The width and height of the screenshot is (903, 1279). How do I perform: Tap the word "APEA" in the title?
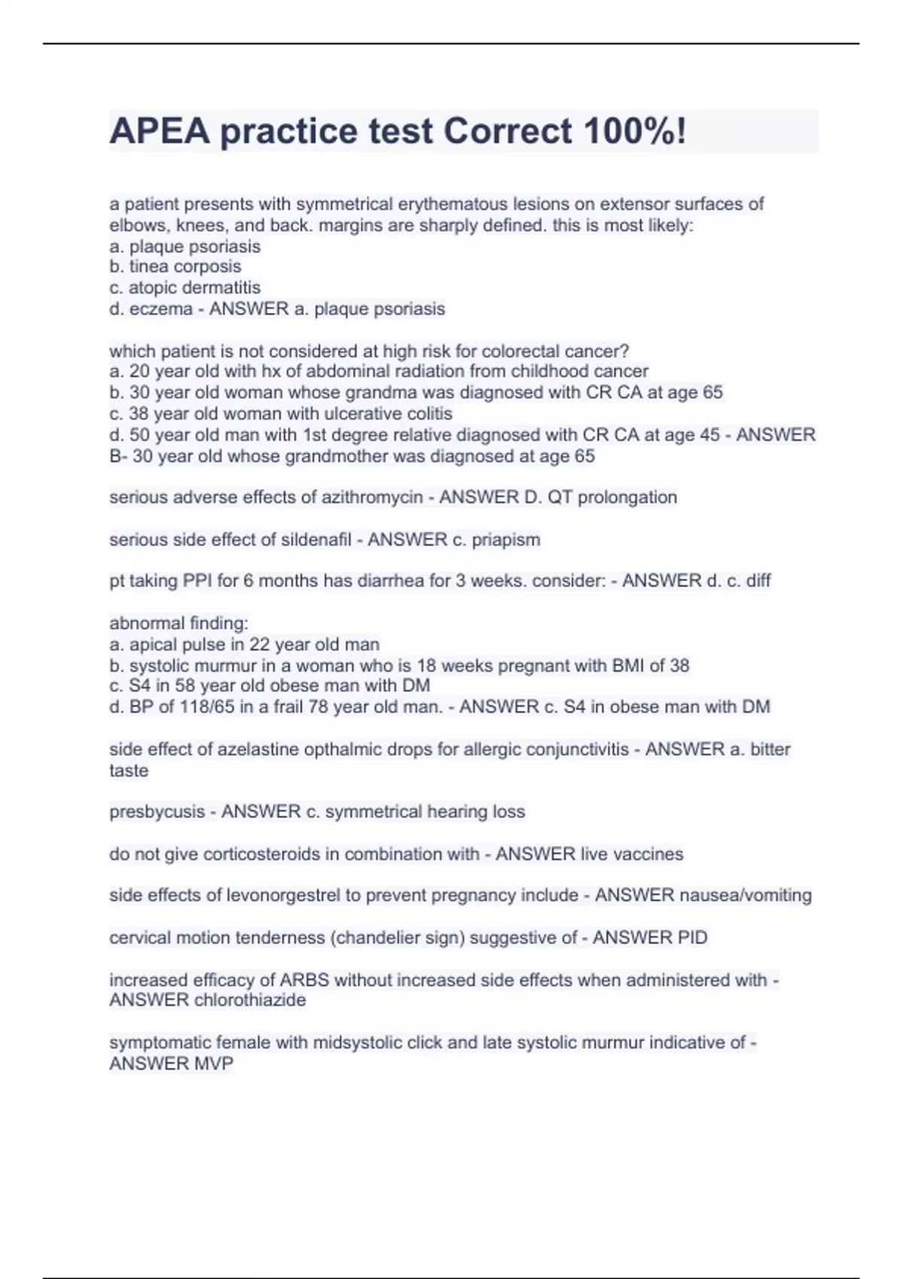[x=159, y=132]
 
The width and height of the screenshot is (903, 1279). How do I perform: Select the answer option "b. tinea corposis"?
[x=175, y=266]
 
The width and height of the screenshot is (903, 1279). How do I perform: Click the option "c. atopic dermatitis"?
[x=185, y=287]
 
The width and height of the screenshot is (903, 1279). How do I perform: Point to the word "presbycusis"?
[x=157, y=812]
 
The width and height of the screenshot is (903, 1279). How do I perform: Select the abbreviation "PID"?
[x=691, y=937]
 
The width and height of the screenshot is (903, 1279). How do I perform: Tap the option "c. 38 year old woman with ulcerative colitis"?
[x=281, y=414]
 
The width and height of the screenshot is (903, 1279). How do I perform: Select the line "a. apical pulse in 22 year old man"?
[x=245, y=645]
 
